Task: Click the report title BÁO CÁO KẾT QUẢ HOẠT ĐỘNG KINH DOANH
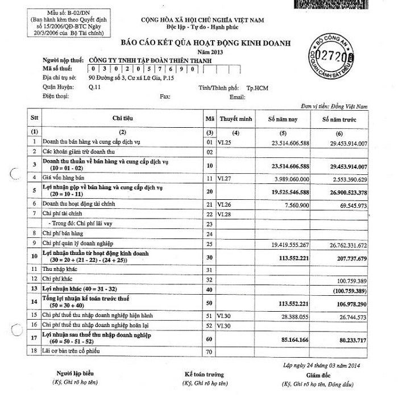tap(205, 43)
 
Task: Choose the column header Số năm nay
tap(284, 120)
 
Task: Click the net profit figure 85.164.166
tap(293, 340)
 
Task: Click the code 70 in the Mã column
tap(209, 353)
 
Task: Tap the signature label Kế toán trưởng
tap(204, 374)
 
